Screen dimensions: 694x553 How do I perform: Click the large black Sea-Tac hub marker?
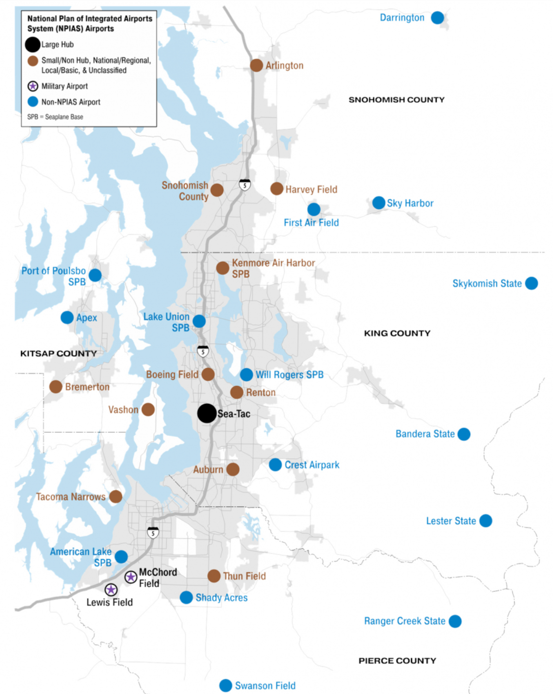coord(207,413)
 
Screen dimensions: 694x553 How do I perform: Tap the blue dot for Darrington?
coord(437,18)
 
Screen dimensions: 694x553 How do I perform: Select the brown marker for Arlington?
coord(256,65)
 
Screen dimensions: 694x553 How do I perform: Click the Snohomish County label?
coord(186,191)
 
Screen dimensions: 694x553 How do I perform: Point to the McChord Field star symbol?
coord(131,577)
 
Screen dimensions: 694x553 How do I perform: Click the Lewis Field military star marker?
coord(111,590)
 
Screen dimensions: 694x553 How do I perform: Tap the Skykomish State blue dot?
coord(531,283)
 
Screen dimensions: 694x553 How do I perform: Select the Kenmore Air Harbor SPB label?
coord(273,268)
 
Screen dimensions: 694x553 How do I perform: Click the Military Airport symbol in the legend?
coord(33,86)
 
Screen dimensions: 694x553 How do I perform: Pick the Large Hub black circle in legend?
coord(33,45)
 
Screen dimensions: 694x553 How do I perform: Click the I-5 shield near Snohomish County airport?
coord(245,185)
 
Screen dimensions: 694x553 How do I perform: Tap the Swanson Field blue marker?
coord(226,685)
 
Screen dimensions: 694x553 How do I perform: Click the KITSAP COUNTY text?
coord(58,353)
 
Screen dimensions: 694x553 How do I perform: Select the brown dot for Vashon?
coord(148,410)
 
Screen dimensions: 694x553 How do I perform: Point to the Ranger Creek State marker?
coord(455,621)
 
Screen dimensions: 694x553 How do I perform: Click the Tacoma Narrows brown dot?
coord(115,497)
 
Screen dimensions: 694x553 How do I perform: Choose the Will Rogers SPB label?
coord(289,374)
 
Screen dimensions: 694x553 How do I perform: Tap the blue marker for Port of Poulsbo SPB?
coord(95,275)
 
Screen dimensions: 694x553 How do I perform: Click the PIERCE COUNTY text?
coord(397,661)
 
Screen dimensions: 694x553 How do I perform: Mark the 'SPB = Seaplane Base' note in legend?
coord(55,117)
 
